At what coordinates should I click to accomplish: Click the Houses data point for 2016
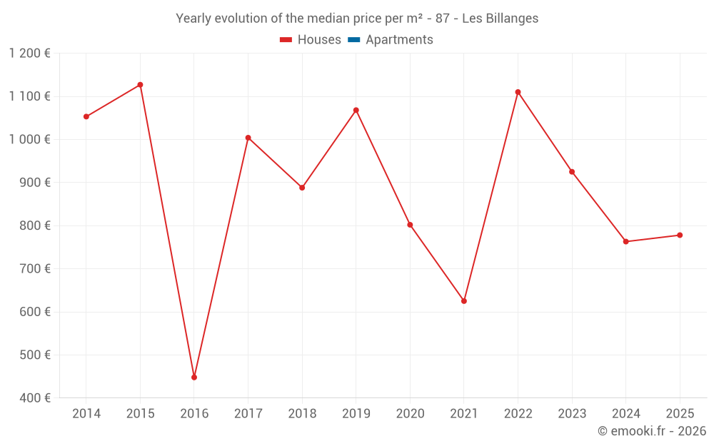coord(194,377)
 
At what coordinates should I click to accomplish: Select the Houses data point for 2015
coord(140,85)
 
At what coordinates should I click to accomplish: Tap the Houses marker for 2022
coord(518,92)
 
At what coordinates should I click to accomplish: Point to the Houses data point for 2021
coord(464,301)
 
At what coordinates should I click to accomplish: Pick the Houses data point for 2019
coord(356,110)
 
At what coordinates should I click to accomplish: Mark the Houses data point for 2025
coord(680,235)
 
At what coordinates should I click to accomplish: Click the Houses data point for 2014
coord(86,116)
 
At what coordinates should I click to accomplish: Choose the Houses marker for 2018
coord(302,188)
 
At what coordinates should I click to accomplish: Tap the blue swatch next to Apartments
coord(354,40)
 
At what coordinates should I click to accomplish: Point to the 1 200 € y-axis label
coord(30,54)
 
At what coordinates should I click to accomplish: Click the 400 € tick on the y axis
coord(34,397)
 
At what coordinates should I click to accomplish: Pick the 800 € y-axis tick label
coord(34,225)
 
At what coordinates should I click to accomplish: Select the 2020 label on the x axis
coord(410,414)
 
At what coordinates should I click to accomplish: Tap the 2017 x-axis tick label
coord(248,414)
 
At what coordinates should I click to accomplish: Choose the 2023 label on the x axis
coord(572,414)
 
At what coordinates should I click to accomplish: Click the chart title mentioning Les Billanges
coord(357,19)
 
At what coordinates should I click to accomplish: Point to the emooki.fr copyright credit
coord(652,431)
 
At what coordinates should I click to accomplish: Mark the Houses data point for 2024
coord(626,241)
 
